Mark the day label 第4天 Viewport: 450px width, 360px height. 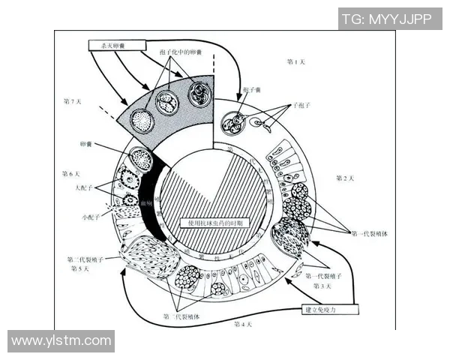point(244,324)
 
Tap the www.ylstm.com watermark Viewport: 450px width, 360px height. point(61,341)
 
